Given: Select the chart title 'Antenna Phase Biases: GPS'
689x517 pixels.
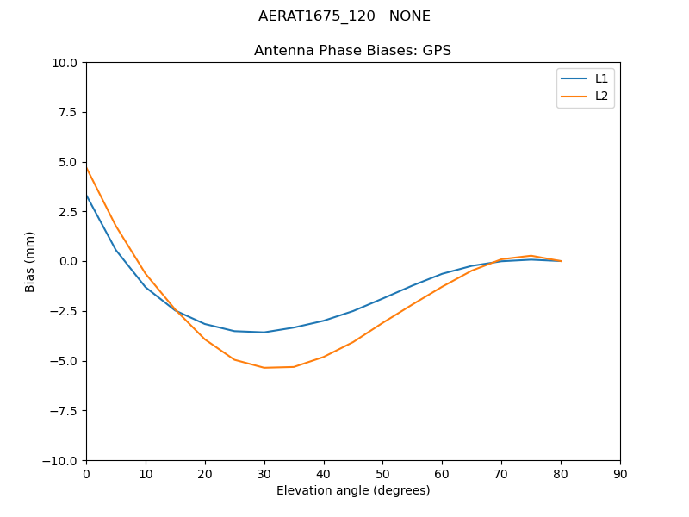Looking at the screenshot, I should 352,51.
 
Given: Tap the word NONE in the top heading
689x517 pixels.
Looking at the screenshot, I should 409,16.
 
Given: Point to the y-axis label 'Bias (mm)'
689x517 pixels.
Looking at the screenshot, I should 30,261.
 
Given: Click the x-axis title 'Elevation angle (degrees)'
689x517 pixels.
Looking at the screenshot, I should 352,491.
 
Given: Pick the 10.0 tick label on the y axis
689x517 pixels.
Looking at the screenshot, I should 64,63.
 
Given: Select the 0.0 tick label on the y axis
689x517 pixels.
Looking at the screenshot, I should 67,261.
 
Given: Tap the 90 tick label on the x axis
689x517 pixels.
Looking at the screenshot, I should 619,474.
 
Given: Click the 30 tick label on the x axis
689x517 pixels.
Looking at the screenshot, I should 264,474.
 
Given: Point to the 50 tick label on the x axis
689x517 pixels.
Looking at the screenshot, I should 382,474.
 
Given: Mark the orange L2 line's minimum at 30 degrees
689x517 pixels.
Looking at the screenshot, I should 264,368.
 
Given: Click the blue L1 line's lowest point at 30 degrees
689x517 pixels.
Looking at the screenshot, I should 264,332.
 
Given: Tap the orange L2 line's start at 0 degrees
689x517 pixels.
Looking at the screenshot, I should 87,168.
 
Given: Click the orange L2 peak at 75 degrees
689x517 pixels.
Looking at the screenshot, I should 531,256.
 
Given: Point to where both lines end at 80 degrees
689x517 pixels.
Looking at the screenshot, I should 561,261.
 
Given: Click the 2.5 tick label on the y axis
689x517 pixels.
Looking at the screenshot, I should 67,212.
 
